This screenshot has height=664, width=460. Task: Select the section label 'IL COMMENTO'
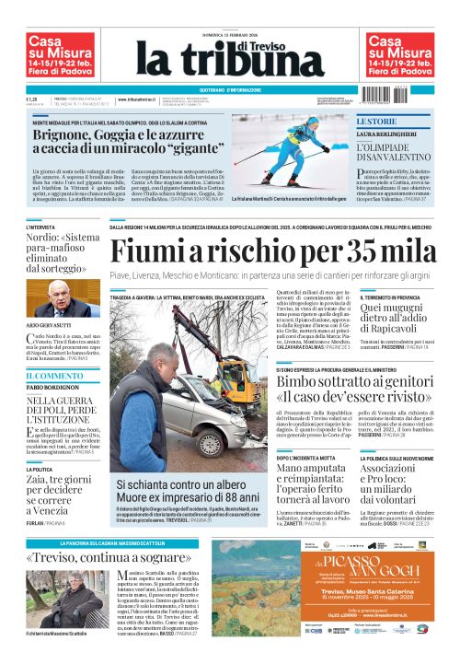click(x=49, y=377)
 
